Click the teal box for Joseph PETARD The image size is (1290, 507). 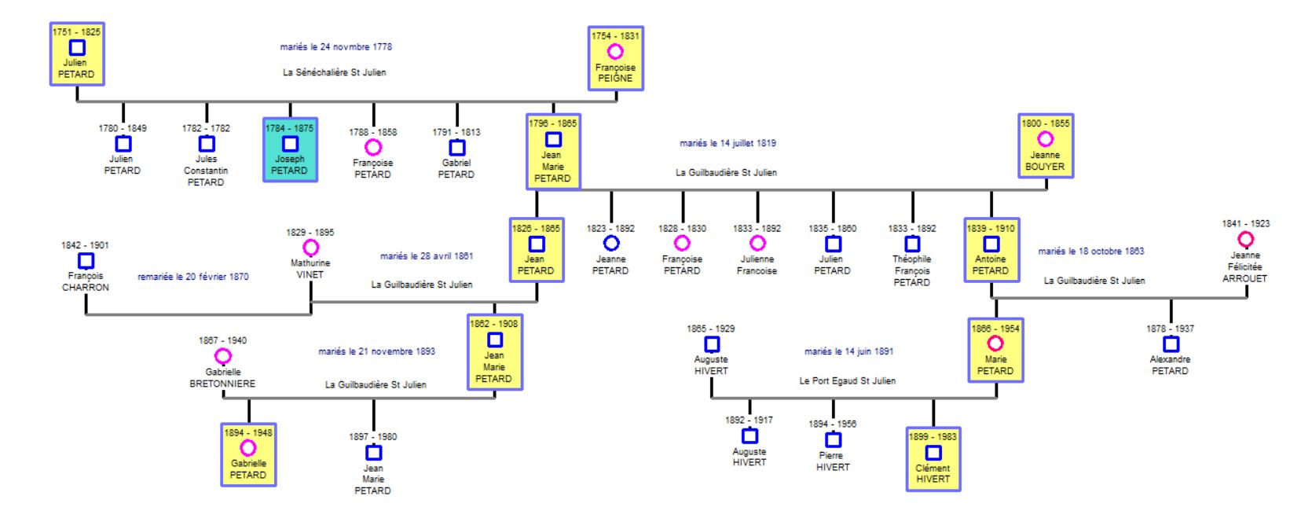point(290,149)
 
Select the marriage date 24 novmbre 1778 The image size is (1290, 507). point(335,47)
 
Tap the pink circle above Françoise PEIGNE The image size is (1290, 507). point(615,52)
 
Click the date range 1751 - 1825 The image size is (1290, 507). point(77,32)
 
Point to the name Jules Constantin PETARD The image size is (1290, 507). point(206,171)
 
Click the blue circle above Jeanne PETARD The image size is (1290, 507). point(610,244)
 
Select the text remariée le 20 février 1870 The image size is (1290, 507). point(193,277)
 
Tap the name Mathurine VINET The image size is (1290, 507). point(310,269)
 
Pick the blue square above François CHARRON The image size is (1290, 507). point(86,260)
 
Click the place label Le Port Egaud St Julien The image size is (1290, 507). point(847,380)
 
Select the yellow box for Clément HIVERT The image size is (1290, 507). point(933,459)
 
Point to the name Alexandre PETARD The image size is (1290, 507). point(1170,365)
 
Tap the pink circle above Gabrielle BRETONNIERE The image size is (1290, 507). point(223,356)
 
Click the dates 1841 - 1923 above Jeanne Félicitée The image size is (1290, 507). point(1245,223)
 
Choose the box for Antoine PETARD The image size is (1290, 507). point(991,250)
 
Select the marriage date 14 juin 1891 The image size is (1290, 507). point(848,351)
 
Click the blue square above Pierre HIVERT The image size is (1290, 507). point(833,440)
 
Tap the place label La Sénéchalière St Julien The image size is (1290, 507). point(335,72)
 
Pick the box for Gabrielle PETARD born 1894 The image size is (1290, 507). point(248,454)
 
